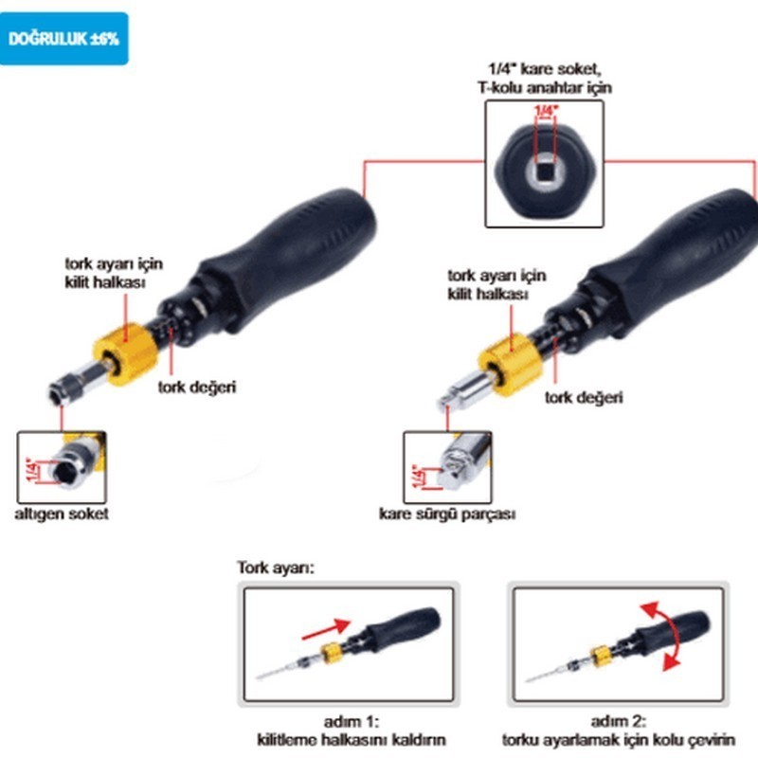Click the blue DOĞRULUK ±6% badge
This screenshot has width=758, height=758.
pos(63,39)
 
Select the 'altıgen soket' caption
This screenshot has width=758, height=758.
pos(61,514)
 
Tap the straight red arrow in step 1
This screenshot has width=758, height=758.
pos(324,627)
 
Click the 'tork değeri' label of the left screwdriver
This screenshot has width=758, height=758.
pos(195,387)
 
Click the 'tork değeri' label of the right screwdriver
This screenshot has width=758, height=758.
pos(584,398)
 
